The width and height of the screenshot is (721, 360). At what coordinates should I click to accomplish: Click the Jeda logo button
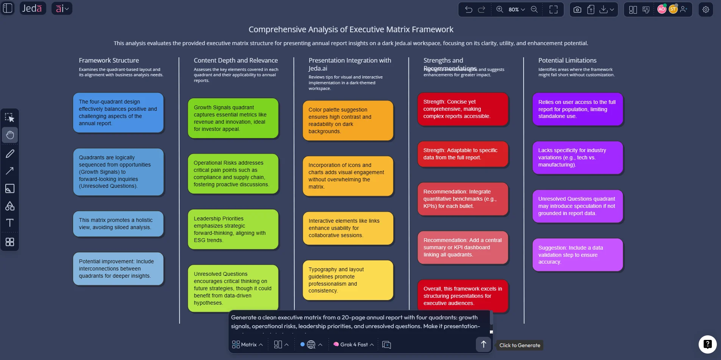tap(32, 8)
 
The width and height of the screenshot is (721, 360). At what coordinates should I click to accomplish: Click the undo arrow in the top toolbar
tap(469, 9)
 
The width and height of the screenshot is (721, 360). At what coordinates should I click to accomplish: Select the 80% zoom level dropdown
tap(516, 9)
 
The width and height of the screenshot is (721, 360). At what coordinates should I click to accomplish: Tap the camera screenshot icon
tap(577, 9)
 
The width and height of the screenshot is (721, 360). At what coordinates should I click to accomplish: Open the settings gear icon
tap(705, 9)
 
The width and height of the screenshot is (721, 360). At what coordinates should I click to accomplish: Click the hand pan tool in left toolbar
tap(10, 135)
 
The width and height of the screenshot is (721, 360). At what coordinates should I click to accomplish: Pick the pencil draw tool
tap(10, 154)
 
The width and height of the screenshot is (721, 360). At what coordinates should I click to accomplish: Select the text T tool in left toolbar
tap(10, 223)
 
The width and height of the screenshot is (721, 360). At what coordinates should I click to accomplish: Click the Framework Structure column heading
tap(109, 60)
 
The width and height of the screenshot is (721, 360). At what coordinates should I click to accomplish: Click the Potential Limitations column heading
tap(567, 60)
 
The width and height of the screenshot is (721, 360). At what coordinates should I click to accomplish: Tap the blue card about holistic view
tap(118, 224)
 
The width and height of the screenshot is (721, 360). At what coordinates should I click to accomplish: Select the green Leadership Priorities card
tap(233, 229)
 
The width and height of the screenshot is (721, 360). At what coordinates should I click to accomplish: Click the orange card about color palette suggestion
tap(348, 120)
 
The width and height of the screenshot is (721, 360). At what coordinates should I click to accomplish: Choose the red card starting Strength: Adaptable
tap(463, 154)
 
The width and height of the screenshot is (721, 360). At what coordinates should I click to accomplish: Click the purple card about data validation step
tap(577, 255)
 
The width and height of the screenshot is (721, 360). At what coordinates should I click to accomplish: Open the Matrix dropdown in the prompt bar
tap(247, 344)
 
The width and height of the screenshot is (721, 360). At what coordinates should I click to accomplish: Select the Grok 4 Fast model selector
tap(353, 344)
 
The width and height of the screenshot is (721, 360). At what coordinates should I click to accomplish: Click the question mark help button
tap(707, 344)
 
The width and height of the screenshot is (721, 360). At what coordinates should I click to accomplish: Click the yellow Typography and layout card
tap(348, 280)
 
